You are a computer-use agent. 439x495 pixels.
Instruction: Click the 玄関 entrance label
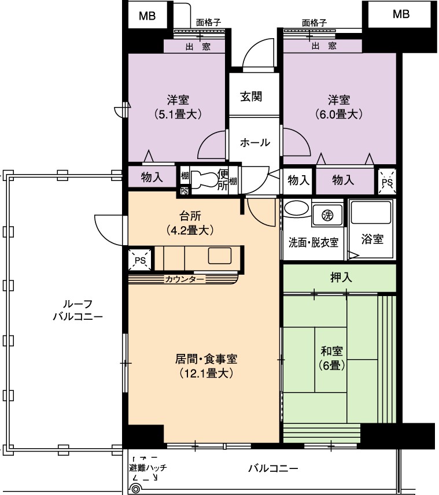[x=251, y=97]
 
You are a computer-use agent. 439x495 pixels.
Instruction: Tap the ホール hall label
[x=255, y=142]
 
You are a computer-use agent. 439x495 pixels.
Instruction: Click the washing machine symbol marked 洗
[x=327, y=215]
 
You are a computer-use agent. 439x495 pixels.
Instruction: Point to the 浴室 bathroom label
[x=372, y=239]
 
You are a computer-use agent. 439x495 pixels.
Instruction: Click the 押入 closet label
[x=341, y=278]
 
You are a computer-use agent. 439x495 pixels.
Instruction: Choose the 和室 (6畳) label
[x=331, y=358]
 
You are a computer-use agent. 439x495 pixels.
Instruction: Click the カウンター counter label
[x=185, y=279]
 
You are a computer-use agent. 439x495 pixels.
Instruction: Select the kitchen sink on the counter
[x=220, y=256]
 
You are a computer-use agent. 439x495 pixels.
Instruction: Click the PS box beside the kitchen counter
[x=140, y=260]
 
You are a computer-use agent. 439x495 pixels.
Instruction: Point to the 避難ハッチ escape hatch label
[x=148, y=468]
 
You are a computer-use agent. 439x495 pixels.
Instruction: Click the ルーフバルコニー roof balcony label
[x=78, y=311]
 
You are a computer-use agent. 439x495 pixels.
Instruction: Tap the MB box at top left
[x=147, y=16]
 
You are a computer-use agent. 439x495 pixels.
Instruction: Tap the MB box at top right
[x=401, y=14]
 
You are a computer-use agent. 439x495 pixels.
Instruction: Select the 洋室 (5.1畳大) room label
[x=178, y=107]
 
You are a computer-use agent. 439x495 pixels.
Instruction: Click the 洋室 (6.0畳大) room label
[x=339, y=107]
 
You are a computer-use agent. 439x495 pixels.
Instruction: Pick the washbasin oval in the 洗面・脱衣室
[x=296, y=209]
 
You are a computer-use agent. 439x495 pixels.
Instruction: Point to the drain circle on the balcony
[x=135, y=489]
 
